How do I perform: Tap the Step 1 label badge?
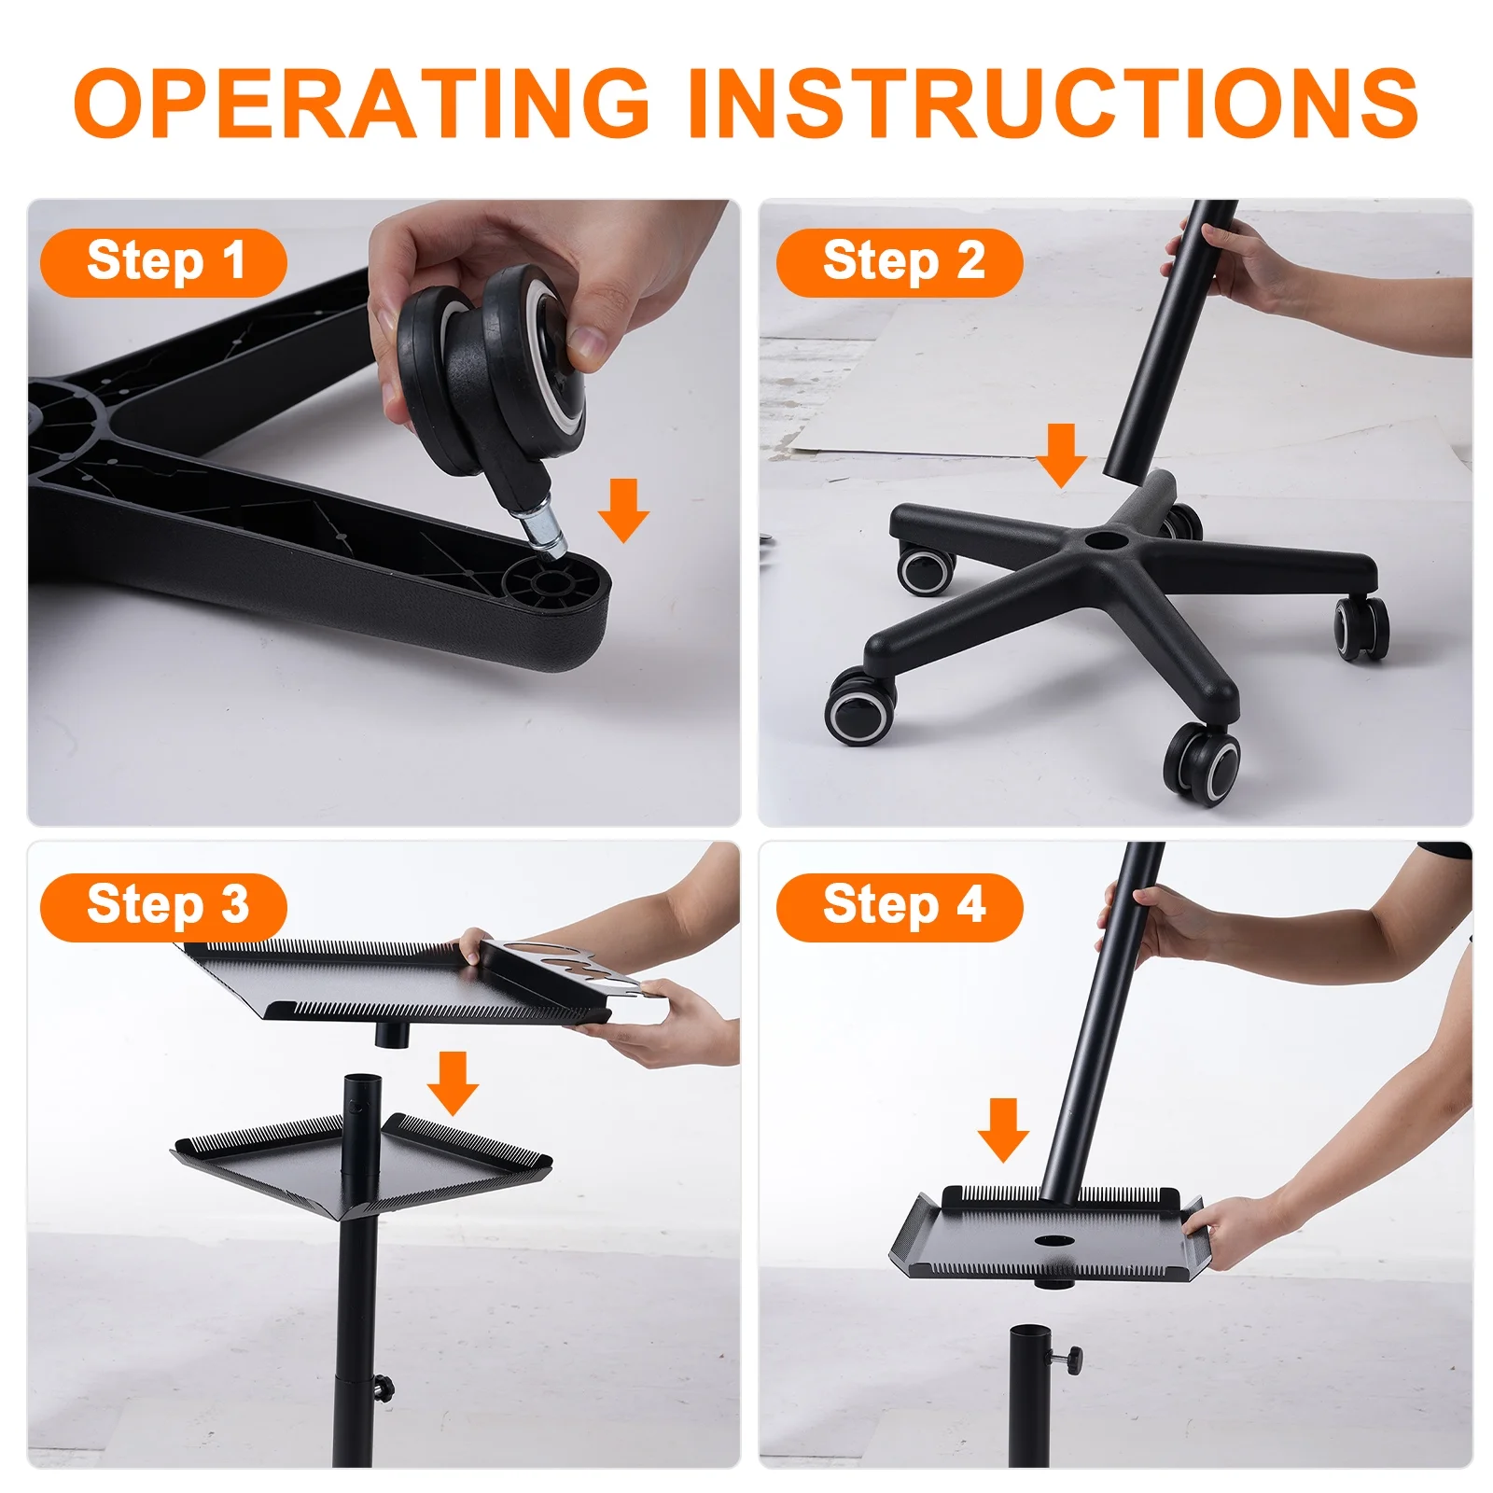click(163, 262)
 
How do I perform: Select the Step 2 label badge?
click(900, 262)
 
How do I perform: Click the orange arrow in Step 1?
click(623, 509)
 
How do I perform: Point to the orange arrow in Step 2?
click(1061, 454)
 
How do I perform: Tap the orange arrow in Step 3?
click(453, 1082)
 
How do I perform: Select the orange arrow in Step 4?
click(1003, 1129)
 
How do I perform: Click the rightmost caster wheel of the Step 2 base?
click(1360, 627)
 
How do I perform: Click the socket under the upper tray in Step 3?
click(393, 1033)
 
